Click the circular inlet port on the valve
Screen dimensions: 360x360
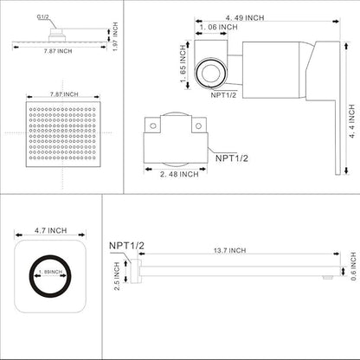(209, 71)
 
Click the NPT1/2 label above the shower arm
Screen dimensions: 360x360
(125, 247)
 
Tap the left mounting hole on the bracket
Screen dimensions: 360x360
(153, 125)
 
